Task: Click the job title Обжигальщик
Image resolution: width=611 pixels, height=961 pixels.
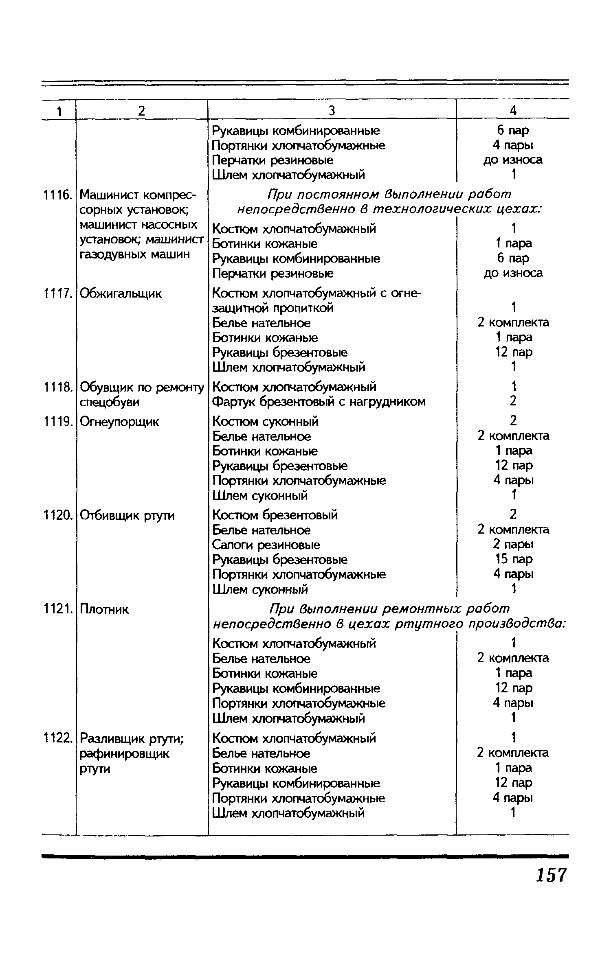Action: pyautogui.click(x=121, y=293)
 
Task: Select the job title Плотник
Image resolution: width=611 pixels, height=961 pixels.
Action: pyautogui.click(x=104, y=609)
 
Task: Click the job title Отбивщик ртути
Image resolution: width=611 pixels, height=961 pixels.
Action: pyautogui.click(x=127, y=516)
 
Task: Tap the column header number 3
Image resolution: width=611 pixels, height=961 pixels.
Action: pyautogui.click(x=332, y=110)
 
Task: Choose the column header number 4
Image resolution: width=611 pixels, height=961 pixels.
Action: pyautogui.click(x=513, y=110)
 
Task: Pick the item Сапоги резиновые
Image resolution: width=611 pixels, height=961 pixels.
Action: pyautogui.click(x=266, y=545)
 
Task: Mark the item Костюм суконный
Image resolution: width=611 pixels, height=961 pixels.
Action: pyautogui.click(x=266, y=421)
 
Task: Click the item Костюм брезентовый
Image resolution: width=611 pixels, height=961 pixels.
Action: pyautogui.click(x=275, y=515)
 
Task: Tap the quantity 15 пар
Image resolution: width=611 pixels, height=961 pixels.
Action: pyautogui.click(x=513, y=559)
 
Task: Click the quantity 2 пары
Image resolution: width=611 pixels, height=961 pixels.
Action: pyautogui.click(x=513, y=544)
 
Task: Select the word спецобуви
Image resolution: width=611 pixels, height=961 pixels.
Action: pyautogui.click(x=110, y=402)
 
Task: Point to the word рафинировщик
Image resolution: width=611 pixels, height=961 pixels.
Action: pyautogui.click(x=124, y=754)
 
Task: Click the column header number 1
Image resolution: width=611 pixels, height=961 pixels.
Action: pyautogui.click(x=59, y=111)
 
